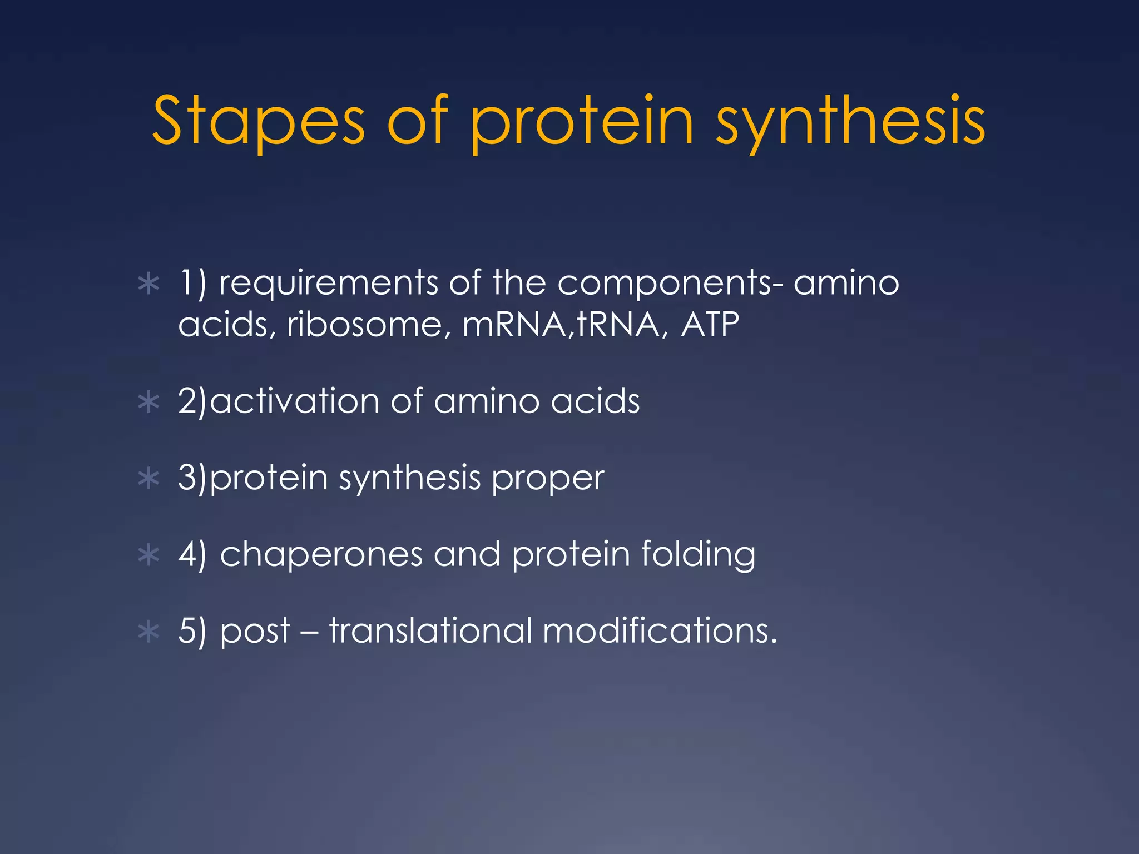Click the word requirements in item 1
[328, 284]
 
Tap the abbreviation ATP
[710, 325]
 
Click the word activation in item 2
[295, 401]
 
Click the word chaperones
[321, 555]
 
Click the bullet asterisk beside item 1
[148, 284]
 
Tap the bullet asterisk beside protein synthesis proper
[148, 479]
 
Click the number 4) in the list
[192, 555]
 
